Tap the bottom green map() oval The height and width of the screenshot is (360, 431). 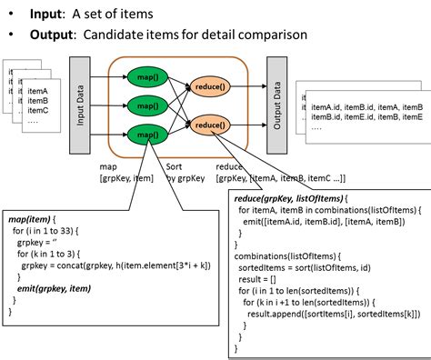[145, 134]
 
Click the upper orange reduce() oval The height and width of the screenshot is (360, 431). [209, 88]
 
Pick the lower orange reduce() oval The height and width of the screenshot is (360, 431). [209, 125]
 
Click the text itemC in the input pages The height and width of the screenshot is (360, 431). [39, 111]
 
